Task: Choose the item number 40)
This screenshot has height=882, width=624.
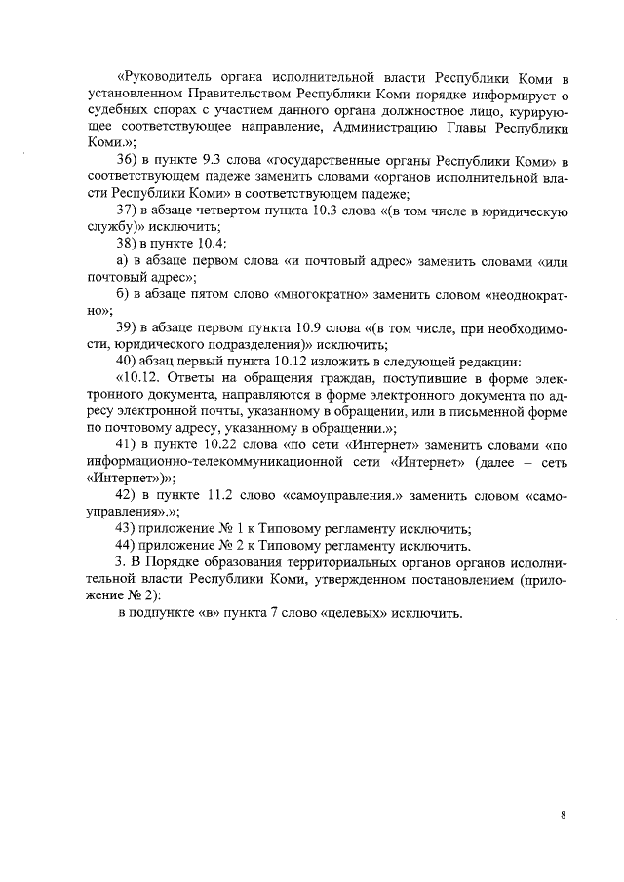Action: [127, 361]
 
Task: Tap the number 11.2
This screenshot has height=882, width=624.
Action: [221, 495]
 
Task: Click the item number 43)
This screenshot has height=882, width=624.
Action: [127, 529]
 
